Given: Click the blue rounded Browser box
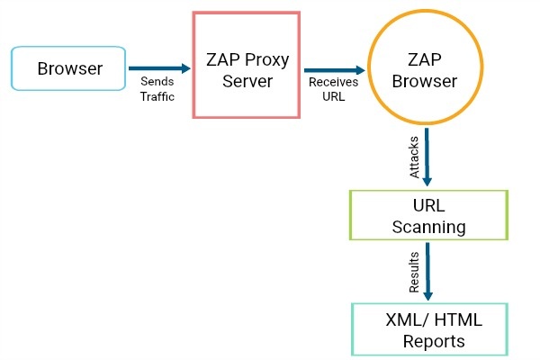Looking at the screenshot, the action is [68, 68].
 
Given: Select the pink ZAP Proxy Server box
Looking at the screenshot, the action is [247, 65].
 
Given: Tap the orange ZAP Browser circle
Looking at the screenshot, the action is [426, 67].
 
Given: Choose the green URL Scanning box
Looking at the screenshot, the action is [428, 215].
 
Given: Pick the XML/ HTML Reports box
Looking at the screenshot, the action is [430, 329].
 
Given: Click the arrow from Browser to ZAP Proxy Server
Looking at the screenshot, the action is [159, 68].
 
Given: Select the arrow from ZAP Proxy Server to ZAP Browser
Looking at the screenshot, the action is [335, 70].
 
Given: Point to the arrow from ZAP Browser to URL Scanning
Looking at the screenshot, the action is [427, 157].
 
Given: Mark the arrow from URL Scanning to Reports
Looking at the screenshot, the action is [427, 272].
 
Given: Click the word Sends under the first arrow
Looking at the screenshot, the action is [157, 82].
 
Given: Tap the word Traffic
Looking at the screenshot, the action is [157, 96].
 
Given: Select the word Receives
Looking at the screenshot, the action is [333, 82].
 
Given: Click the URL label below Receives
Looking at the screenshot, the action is [333, 96].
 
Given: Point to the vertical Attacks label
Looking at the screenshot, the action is [414, 157].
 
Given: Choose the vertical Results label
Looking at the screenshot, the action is [414, 272].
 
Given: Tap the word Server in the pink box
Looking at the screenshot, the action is [247, 81].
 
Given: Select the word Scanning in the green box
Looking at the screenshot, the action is [428, 228].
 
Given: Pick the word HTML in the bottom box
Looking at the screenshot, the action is [458, 319].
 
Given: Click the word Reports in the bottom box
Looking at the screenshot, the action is [434, 342].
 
